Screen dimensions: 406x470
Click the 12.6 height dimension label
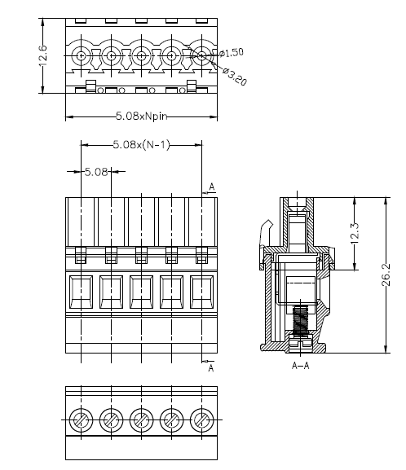click(x=43, y=55)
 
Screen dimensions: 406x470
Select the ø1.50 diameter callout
click(x=232, y=53)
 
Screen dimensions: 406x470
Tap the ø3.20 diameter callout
click(x=235, y=76)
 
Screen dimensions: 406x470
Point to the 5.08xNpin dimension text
click(x=141, y=116)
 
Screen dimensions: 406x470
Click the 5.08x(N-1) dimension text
click(x=141, y=145)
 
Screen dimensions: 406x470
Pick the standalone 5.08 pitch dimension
click(x=96, y=172)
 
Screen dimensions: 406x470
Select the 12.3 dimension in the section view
click(x=355, y=234)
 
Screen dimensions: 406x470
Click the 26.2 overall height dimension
click(x=386, y=275)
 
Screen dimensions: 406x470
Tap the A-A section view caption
click(x=300, y=366)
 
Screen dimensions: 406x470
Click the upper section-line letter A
click(x=212, y=187)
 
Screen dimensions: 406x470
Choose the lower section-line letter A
click(x=211, y=368)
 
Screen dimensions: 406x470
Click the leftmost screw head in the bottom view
click(x=81, y=419)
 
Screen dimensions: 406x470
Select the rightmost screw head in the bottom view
click(x=202, y=419)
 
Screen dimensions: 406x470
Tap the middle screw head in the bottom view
click(x=141, y=419)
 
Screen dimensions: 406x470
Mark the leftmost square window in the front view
click(x=81, y=292)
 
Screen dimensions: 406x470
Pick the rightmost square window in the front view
click(x=202, y=292)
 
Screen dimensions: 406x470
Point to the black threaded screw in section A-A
click(x=301, y=320)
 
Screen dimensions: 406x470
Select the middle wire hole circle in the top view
click(x=141, y=55)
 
